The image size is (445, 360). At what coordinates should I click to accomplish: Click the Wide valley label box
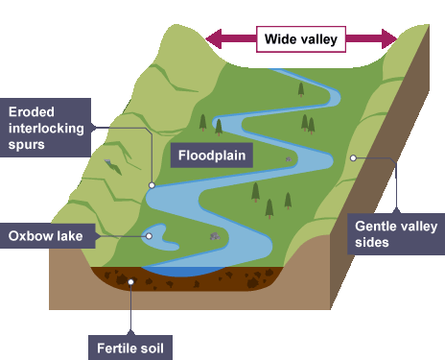point(301,39)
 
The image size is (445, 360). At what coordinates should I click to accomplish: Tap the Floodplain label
point(212,156)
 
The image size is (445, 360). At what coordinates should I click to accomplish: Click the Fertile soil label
point(130,348)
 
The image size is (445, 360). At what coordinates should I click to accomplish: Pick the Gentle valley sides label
point(396,234)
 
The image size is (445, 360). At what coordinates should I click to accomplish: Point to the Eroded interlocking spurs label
point(45,128)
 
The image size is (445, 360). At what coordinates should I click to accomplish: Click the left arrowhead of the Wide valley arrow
point(214,39)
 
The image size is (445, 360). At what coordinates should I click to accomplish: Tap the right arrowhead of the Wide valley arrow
point(389,39)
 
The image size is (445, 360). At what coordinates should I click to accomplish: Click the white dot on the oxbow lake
point(149,236)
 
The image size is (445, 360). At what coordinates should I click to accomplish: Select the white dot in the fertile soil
point(130,282)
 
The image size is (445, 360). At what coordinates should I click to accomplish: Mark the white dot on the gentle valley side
point(353,157)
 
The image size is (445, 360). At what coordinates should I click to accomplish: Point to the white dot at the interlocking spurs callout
point(152,185)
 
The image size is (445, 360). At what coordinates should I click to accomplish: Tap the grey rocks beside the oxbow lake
point(215,236)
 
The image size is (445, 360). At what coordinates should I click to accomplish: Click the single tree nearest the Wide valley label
point(301,89)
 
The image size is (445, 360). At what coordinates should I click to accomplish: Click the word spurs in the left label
point(27,145)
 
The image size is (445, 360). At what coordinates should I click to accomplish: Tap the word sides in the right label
point(372,242)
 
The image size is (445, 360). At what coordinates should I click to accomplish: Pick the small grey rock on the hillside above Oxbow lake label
point(107,161)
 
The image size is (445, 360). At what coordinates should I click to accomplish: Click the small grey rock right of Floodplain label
point(289,159)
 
